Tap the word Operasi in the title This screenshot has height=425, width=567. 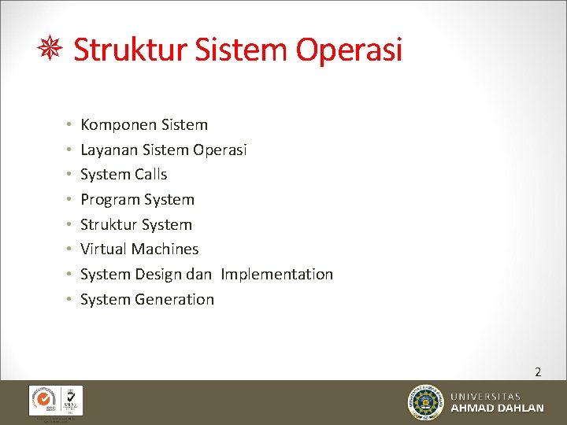tap(349, 50)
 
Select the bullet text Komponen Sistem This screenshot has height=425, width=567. tap(144, 124)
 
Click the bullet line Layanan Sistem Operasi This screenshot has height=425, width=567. tap(164, 150)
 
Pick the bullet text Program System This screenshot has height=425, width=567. tap(137, 199)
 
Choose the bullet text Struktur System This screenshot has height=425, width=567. tap(136, 224)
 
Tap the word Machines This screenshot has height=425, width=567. tap(165, 249)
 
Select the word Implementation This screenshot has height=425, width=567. tap(277, 274)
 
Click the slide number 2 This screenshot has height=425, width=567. tap(538, 371)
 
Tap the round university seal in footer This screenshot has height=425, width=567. tap(426, 402)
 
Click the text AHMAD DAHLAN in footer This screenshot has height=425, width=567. tap(497, 408)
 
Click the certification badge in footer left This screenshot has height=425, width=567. tap(55, 401)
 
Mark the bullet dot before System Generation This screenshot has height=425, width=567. tap(69, 299)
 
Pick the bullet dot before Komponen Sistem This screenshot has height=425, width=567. tap(69, 124)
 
